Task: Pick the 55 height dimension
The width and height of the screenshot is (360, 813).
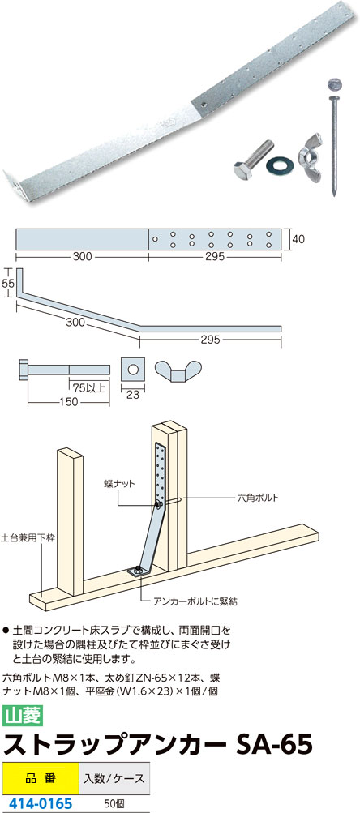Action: [x=7, y=283]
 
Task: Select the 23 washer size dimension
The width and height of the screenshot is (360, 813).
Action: [x=133, y=395]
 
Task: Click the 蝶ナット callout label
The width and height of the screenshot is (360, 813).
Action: [x=119, y=483]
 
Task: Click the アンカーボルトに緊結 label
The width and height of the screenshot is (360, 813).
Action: [x=195, y=602]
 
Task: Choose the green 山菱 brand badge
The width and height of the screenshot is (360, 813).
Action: [x=23, y=716]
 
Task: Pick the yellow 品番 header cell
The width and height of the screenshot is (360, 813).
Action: [x=40, y=779]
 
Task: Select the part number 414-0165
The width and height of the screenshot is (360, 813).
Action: [x=38, y=804]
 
